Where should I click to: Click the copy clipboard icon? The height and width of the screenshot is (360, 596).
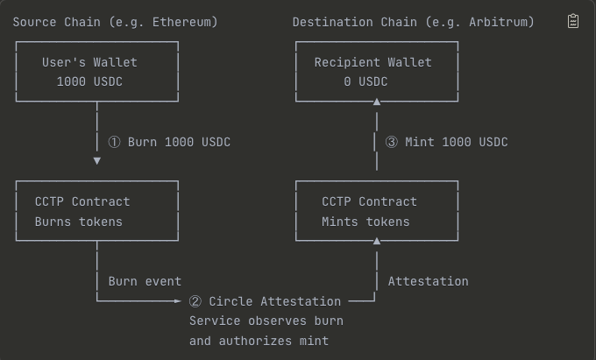[x=573, y=21]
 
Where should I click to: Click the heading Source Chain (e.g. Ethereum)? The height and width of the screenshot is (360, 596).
[x=115, y=22]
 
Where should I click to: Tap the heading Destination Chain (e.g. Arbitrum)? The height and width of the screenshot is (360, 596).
[x=413, y=22]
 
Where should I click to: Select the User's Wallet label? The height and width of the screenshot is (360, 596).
[x=89, y=62]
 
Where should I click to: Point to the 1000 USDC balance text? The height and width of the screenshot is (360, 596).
[x=89, y=82]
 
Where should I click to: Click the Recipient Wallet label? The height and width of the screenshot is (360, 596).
[x=373, y=62]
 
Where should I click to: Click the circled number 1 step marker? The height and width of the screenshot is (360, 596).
[x=114, y=142]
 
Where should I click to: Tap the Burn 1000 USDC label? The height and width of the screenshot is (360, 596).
[x=179, y=142]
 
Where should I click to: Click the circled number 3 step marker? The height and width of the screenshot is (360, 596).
[x=392, y=142]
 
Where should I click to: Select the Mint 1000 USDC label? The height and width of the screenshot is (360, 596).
[x=457, y=142]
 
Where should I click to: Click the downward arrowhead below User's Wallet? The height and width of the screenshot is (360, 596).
[x=96, y=161]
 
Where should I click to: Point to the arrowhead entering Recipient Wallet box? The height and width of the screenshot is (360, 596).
[x=377, y=102]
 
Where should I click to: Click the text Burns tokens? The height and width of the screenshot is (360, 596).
[x=79, y=222]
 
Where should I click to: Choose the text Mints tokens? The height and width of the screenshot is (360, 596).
[x=365, y=222]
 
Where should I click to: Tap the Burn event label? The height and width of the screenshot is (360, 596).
[x=145, y=281]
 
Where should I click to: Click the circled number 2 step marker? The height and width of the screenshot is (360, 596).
[x=195, y=301]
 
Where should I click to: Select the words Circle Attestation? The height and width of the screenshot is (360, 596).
[x=274, y=301]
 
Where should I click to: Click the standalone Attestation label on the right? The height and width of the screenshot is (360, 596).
[x=428, y=281]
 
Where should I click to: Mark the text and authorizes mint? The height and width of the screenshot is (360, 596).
[x=259, y=341]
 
